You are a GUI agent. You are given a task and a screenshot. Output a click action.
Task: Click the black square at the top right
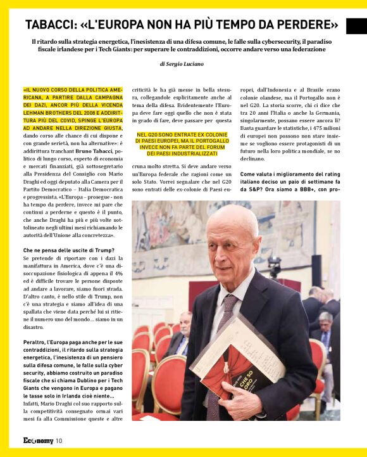coord(356,26)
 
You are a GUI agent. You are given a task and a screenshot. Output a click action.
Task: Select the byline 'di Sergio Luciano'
coord(183,64)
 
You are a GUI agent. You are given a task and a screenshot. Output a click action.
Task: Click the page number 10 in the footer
coord(59,441)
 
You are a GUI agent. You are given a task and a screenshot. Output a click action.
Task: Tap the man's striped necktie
coord(224,317)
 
